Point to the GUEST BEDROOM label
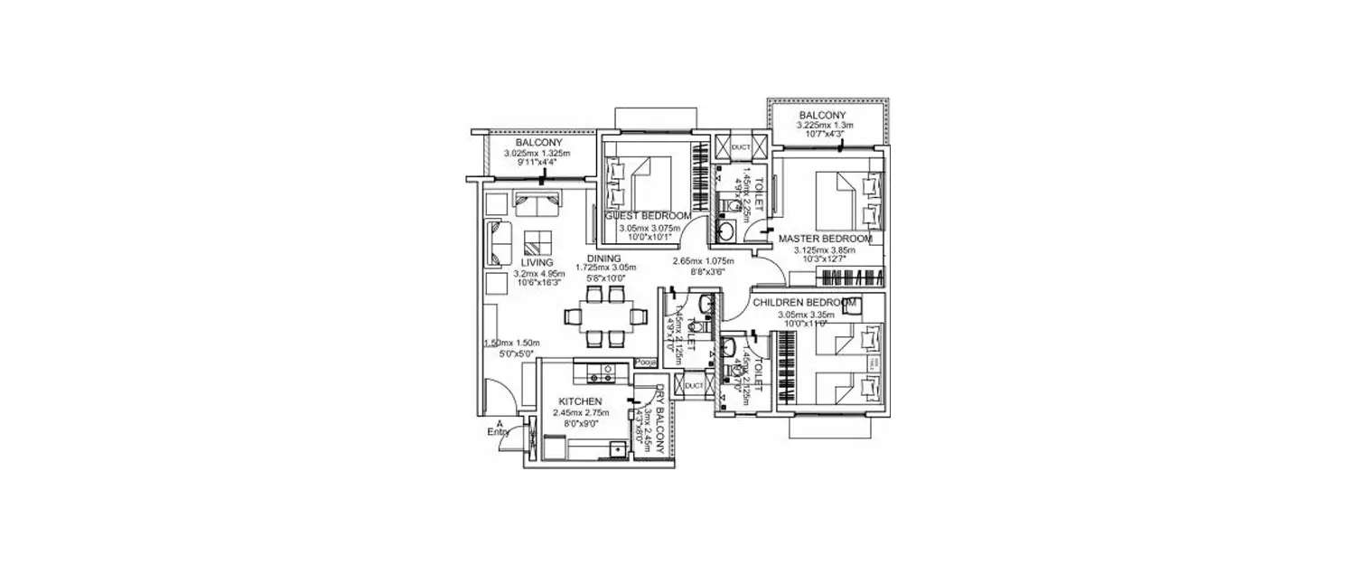pyautogui.click(x=648, y=217)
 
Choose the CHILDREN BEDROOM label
pyautogui.click(x=804, y=302)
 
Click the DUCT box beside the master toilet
pyautogui.click(x=741, y=147)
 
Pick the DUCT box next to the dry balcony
pyautogui.click(x=694, y=386)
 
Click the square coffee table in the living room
pyautogui.click(x=538, y=242)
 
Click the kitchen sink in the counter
pyautogui.click(x=617, y=447)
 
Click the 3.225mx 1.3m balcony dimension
pyautogui.click(x=822, y=126)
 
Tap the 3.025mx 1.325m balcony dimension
pyautogui.click(x=537, y=154)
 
